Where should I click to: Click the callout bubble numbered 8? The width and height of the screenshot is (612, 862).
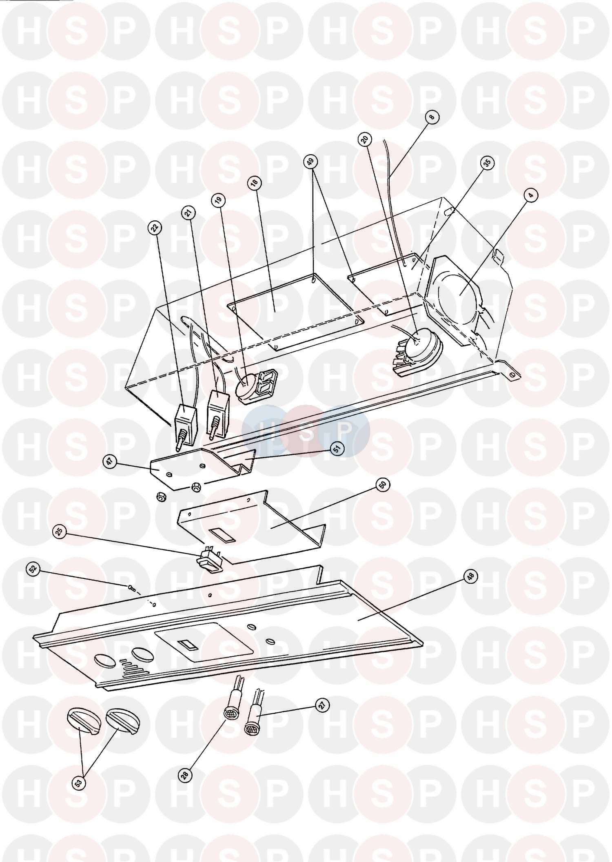[432, 117]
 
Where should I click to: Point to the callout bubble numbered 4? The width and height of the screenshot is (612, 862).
[530, 196]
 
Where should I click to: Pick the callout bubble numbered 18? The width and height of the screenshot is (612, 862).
[255, 184]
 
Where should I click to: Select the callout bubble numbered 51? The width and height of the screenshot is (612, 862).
[337, 449]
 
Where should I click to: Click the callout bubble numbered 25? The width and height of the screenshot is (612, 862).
[60, 532]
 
